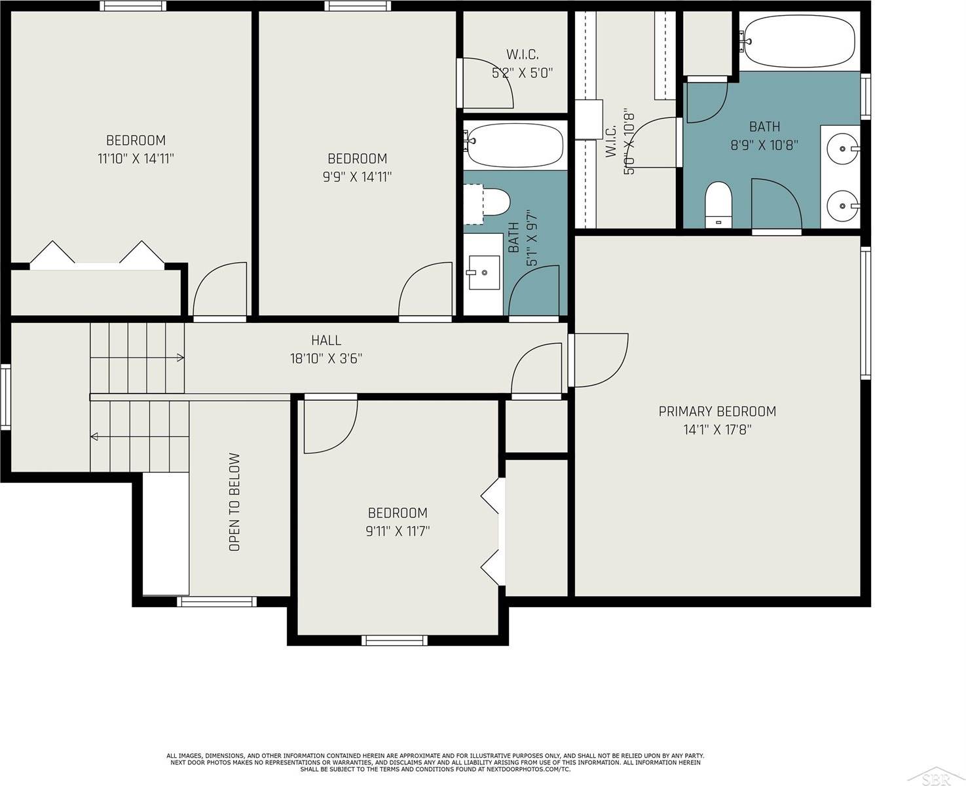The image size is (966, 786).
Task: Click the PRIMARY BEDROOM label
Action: tap(717, 411)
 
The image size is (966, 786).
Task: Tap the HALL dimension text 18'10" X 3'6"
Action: tap(326, 358)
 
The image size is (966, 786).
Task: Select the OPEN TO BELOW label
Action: tap(234, 502)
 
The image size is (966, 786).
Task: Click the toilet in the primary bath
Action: tap(718, 204)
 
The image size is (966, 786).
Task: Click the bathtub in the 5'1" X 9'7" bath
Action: tap(515, 145)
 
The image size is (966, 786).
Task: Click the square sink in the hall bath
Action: tap(483, 272)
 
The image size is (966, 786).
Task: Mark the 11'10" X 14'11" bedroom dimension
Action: tap(136, 159)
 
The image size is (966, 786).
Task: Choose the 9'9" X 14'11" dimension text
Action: tap(357, 177)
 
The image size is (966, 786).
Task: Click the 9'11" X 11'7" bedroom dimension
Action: tap(398, 531)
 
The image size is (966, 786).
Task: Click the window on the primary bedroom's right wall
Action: tap(866, 313)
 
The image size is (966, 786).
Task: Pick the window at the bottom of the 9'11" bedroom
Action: tap(394, 640)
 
